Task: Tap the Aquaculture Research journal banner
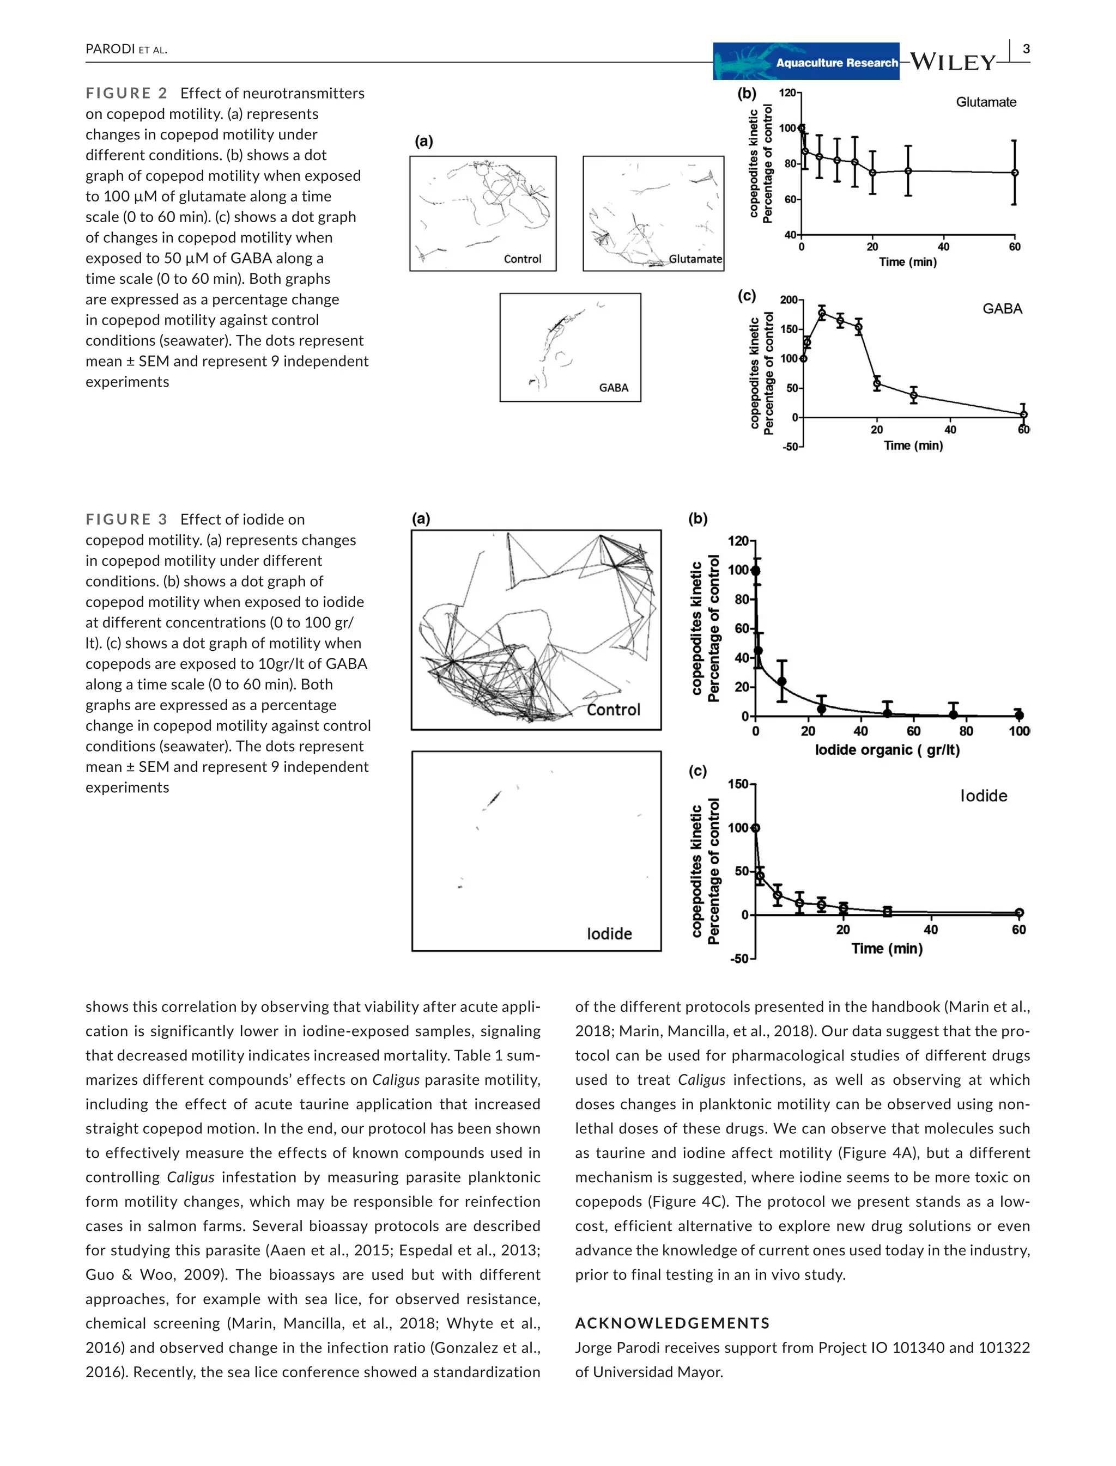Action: coord(806,62)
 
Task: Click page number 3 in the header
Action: coord(1026,48)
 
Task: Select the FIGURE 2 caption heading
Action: coord(126,94)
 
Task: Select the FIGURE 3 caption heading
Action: coord(126,520)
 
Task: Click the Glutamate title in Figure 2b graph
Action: coord(986,102)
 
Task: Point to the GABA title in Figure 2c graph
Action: coord(1002,309)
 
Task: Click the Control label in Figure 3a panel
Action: coord(613,710)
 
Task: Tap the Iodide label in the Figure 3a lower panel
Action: coord(609,934)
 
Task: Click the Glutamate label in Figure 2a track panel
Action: coord(695,259)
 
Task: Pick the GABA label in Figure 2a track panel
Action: coord(613,388)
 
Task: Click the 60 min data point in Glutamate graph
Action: coord(1014,173)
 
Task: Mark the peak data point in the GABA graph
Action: coord(822,313)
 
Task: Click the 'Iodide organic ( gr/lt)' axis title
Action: coord(887,750)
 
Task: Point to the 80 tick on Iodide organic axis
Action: coord(966,731)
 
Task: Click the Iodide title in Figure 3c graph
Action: coord(983,796)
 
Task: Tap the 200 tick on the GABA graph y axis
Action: coord(789,300)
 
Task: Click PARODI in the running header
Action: coord(110,49)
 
